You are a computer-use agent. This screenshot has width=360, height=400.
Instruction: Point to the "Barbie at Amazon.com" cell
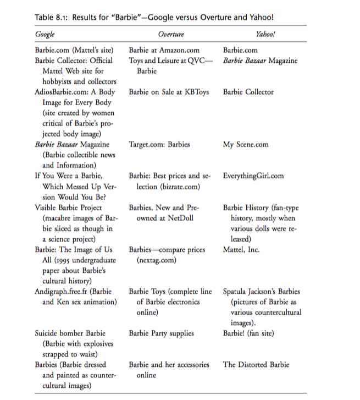tap(164, 51)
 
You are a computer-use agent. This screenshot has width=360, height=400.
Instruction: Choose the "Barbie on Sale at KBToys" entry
tap(169, 92)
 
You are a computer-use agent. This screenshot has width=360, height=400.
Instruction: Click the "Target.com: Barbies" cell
tap(159, 145)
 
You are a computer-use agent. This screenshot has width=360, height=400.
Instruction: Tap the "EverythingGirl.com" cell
tap(253, 176)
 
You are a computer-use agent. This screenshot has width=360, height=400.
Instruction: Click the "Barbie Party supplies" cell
tap(162, 333)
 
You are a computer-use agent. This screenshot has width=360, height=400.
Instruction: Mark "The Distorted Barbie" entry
tap(256, 364)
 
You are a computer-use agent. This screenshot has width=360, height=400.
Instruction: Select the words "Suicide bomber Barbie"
tap(70, 333)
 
